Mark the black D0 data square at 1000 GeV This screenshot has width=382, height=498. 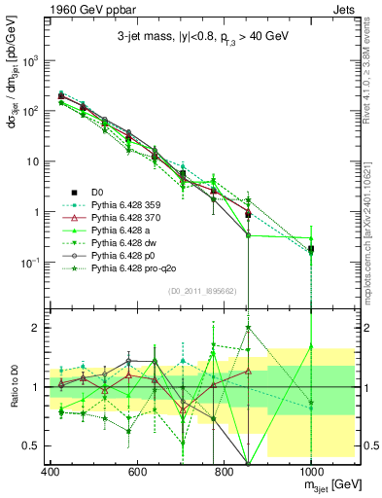[311, 250]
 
